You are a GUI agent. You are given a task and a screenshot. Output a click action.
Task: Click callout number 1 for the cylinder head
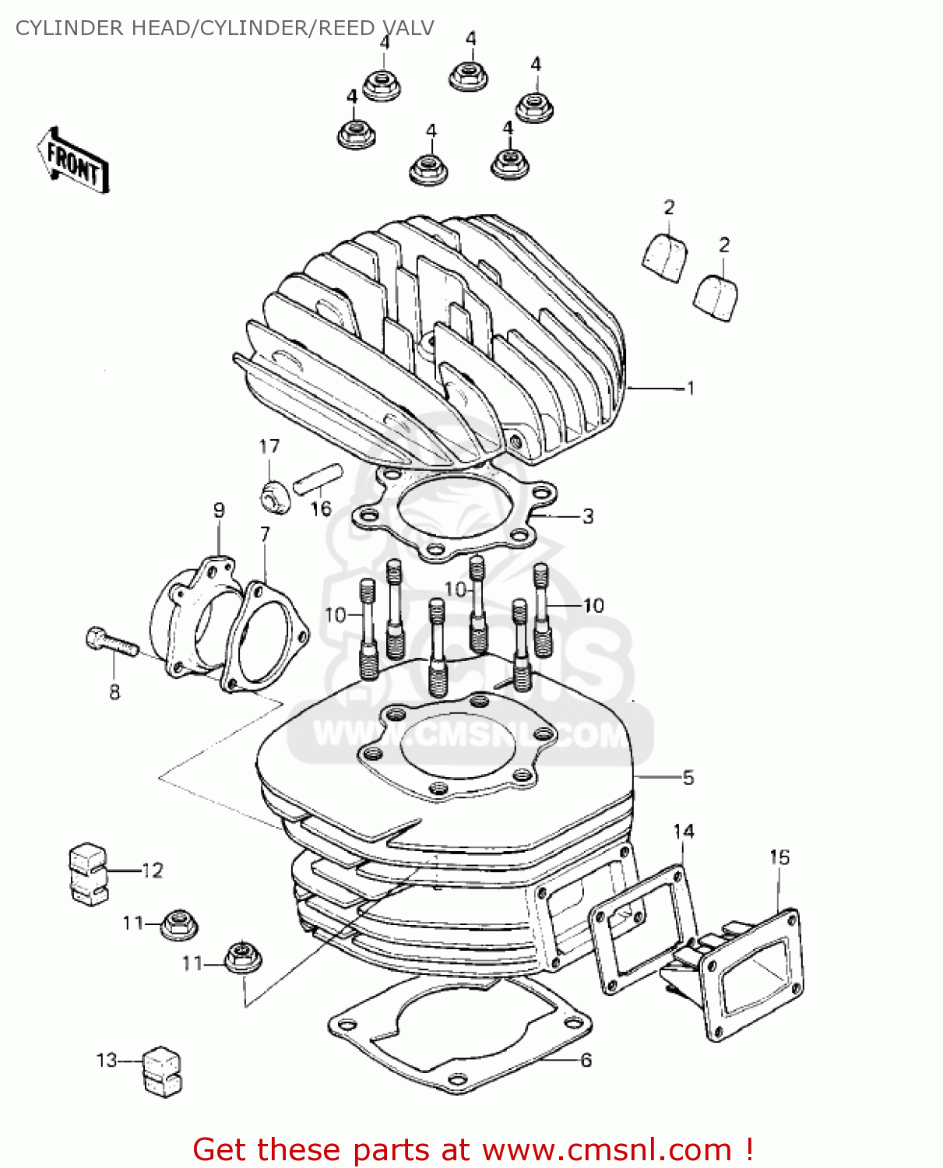coord(690,388)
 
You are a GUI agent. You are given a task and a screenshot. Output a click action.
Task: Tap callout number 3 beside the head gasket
coord(588,516)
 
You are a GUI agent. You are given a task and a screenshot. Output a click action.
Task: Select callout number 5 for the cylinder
coord(688,777)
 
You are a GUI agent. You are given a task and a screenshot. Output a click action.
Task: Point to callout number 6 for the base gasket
coord(586,1060)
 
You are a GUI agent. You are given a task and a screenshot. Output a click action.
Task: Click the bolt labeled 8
coord(111,643)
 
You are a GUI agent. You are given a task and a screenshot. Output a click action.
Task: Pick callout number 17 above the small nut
coord(269,447)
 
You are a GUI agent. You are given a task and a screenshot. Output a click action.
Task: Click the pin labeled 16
coord(318,477)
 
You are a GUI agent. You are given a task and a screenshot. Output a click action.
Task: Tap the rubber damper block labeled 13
coord(161,1071)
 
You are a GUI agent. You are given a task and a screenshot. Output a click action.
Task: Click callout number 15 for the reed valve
coord(779,857)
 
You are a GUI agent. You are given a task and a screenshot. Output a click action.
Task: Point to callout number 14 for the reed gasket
coord(684,832)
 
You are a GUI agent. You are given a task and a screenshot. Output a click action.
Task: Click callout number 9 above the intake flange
coord(219,511)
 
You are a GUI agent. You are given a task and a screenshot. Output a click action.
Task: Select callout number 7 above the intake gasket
coord(265,535)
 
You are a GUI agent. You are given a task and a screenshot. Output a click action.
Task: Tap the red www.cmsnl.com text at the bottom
coord(607,1149)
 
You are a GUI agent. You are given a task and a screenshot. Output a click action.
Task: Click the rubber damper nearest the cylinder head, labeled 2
coord(667,256)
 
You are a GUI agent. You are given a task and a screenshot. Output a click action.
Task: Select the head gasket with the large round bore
coord(456,510)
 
